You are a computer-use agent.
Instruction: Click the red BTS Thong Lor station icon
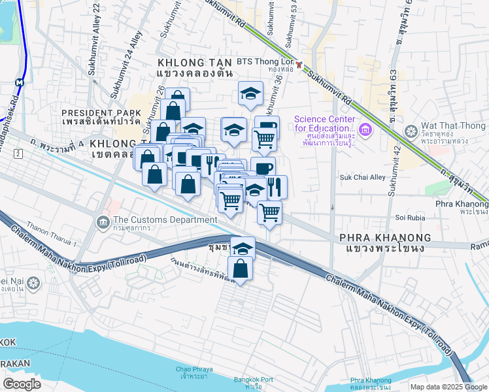[x=299, y=65]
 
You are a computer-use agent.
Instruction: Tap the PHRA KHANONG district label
[x=386, y=238]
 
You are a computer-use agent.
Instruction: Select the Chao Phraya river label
[x=192, y=373]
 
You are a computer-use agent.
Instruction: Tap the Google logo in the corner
[x=22, y=384]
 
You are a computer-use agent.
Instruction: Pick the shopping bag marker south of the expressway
[x=241, y=268]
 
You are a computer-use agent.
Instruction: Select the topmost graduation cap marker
[x=250, y=93]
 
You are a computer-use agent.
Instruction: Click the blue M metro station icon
[x=20, y=83]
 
